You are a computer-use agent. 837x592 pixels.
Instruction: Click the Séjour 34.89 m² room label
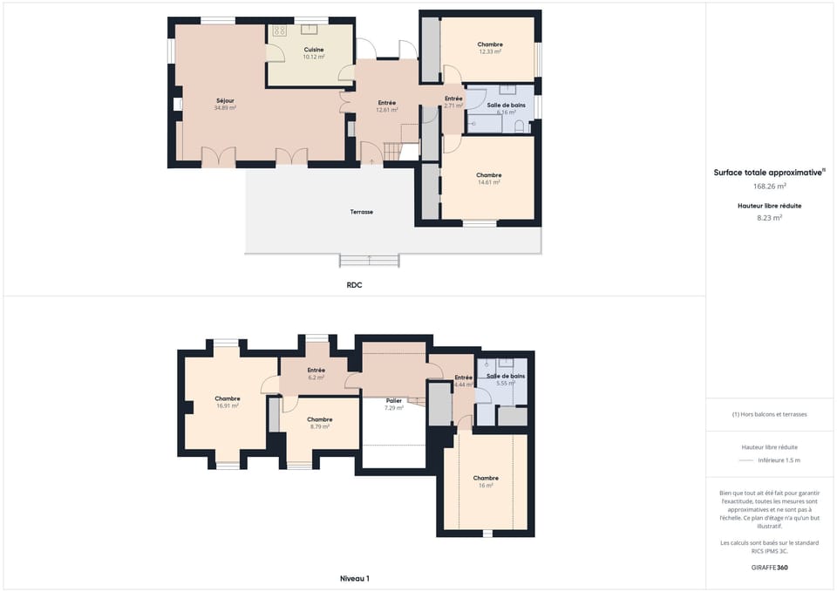225,104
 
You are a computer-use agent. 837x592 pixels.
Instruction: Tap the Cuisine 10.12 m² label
314,53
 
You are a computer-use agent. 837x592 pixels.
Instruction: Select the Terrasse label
362,212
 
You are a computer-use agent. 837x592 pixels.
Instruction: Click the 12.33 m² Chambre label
490,48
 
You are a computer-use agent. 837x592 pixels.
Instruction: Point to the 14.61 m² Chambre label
489,179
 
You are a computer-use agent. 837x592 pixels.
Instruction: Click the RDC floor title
354,284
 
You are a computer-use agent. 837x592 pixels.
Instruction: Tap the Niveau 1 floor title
354,578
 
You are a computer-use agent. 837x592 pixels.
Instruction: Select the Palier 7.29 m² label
394,404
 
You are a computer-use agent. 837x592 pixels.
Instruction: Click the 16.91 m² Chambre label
228,402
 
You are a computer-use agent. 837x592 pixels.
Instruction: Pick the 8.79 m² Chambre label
319,423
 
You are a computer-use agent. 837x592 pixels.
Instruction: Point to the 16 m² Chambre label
486,481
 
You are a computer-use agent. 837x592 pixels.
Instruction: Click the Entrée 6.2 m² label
316,373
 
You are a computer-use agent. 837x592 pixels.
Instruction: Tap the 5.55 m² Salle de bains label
506,379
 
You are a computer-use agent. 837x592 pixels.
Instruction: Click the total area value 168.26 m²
769,186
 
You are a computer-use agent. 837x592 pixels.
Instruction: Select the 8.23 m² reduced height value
769,218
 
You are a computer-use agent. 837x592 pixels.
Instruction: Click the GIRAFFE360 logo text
769,567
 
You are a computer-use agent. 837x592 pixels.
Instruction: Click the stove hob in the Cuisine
280,31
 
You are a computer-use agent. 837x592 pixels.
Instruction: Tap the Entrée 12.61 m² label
387,106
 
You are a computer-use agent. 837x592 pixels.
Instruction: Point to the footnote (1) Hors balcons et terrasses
769,414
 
